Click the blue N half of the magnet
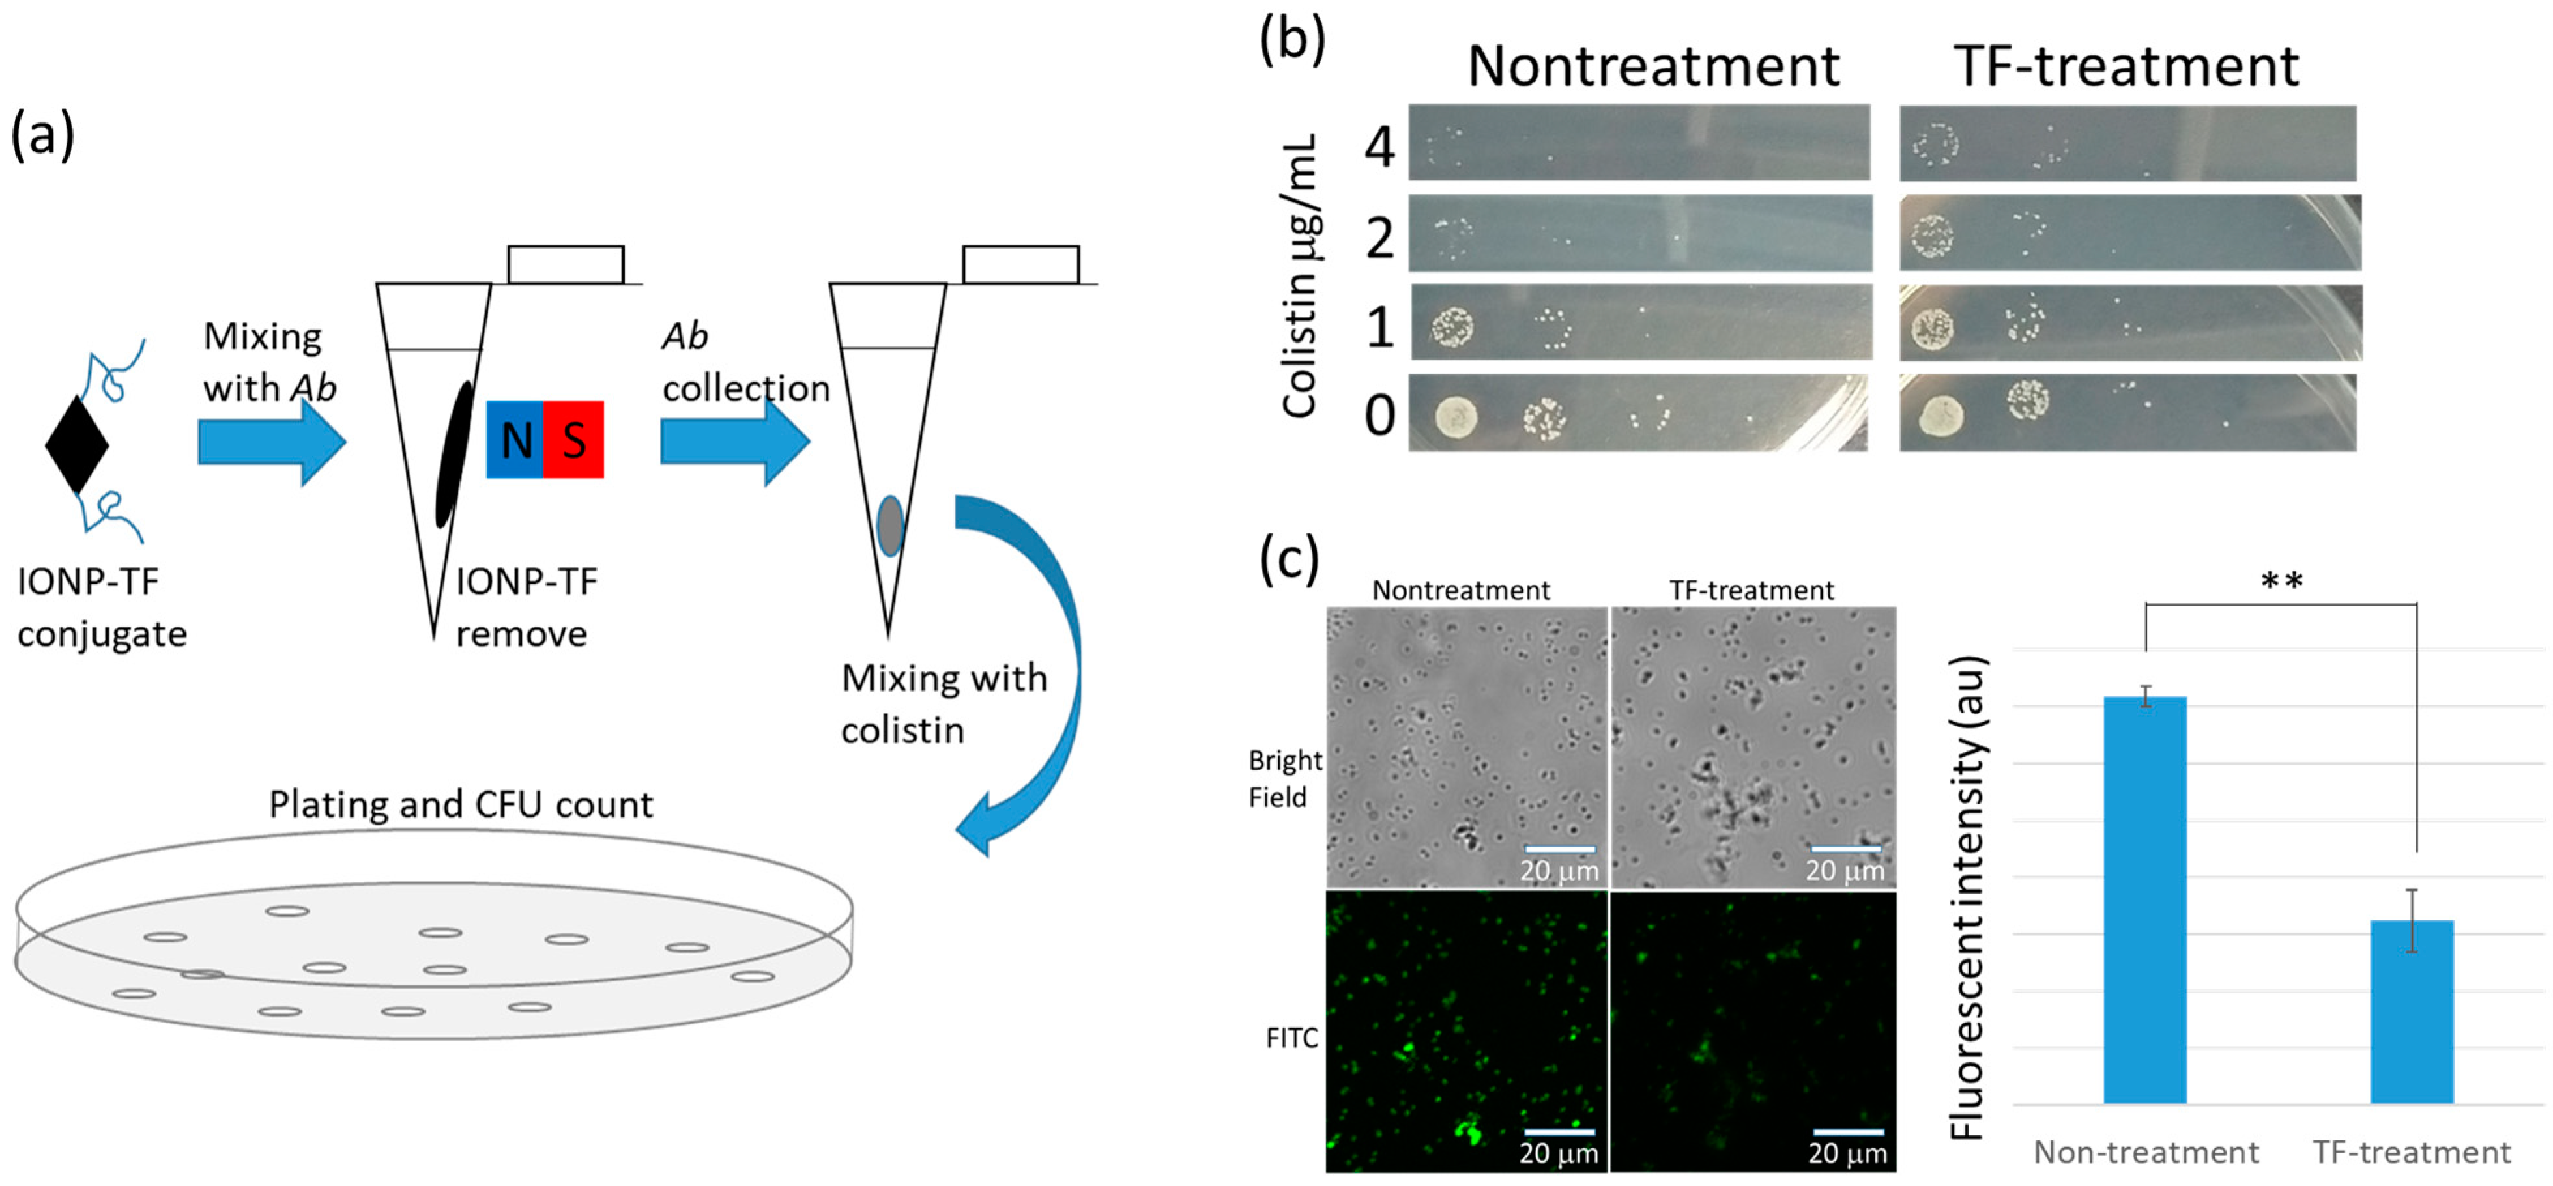pyautogui.click(x=514, y=440)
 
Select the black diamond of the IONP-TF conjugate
pyautogui.click(x=76, y=445)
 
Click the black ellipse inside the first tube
pyautogui.click(x=454, y=454)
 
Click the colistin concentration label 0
pyautogui.click(x=1379, y=415)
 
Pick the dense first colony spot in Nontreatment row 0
pyautogui.click(x=1456, y=416)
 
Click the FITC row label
pyautogui.click(x=1291, y=1038)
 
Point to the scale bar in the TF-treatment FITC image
pyautogui.click(x=1847, y=1131)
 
